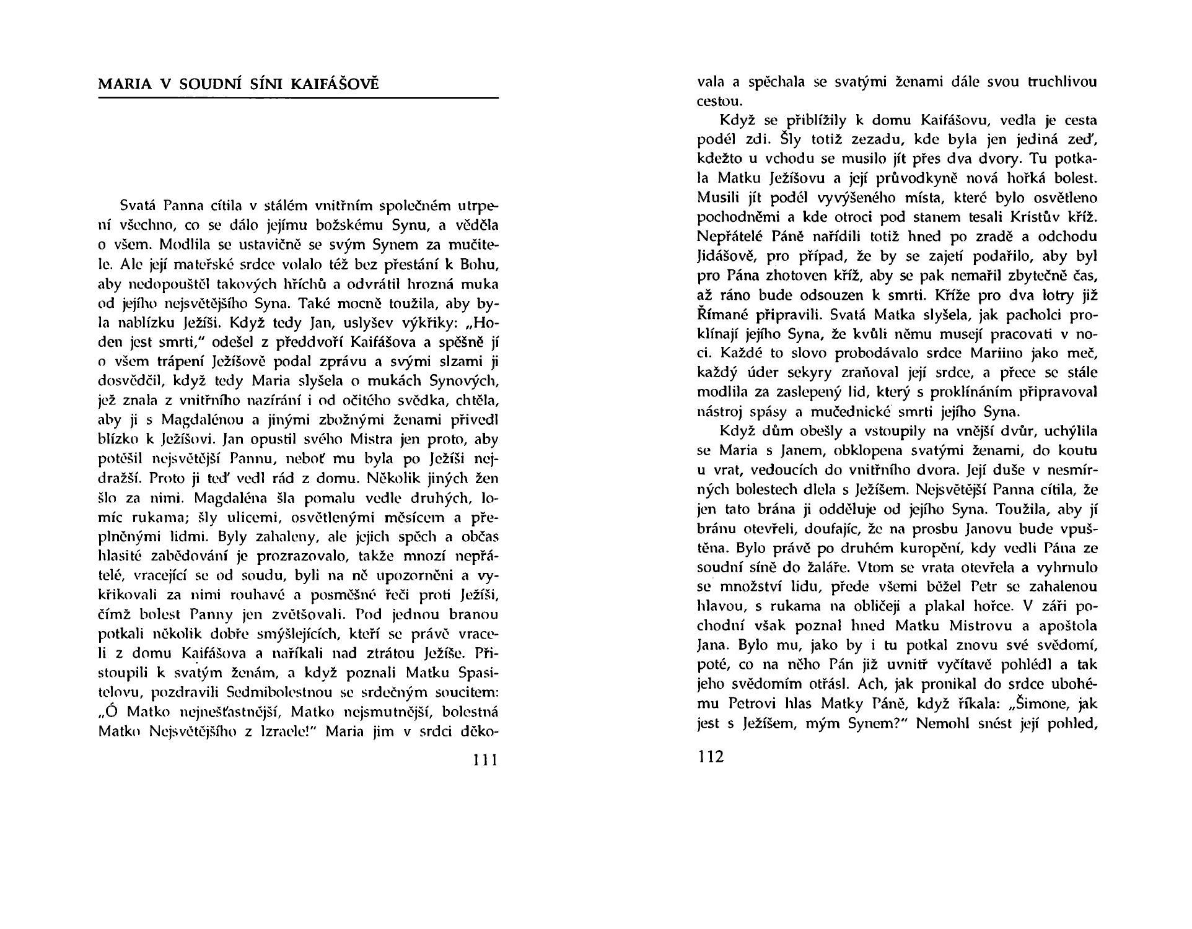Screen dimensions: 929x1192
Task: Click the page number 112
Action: click(710, 757)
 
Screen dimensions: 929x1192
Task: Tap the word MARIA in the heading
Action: click(125, 84)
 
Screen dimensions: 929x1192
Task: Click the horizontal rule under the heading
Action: click(298, 98)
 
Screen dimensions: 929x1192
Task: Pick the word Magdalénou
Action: click(198, 420)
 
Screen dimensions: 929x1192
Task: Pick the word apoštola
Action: click(1067, 626)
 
